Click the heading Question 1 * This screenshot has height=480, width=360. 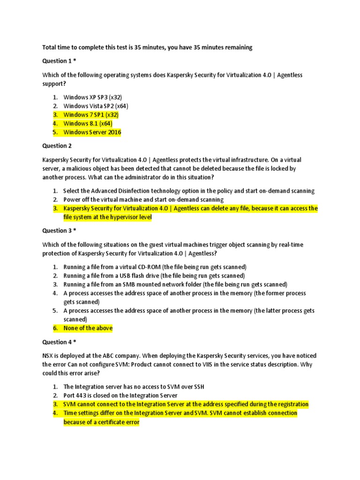click(59, 61)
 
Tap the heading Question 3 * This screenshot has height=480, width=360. click(59, 231)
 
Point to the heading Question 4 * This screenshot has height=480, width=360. click(59, 342)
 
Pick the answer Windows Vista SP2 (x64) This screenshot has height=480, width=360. click(96, 106)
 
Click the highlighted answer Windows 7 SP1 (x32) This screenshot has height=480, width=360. click(91, 115)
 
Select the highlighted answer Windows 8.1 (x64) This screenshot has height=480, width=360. click(88, 124)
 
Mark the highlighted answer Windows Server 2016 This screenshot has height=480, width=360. click(92, 133)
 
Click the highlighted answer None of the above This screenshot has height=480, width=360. click(88, 328)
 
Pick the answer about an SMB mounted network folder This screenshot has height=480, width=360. click(175, 285)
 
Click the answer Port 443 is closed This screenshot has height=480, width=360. click(120, 396)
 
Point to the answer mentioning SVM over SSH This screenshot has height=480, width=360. click(134, 387)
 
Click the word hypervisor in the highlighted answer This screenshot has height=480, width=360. click(121, 217)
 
